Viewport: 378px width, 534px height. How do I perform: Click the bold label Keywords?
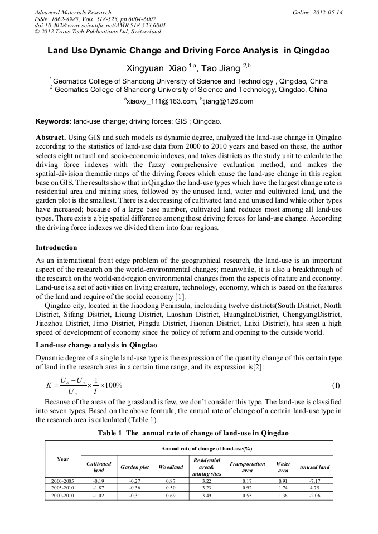tap(53, 121)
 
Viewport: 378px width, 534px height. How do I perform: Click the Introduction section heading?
tap(56, 247)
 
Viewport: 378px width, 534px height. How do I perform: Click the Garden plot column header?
tap(135, 467)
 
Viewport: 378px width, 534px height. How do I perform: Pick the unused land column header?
tap(314, 467)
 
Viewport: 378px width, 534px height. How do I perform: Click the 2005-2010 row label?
tap(63, 487)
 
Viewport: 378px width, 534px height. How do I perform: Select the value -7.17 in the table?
tap(314, 480)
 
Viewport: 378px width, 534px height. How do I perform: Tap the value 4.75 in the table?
tap(314, 487)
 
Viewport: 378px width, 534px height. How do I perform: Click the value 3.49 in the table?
tap(207, 494)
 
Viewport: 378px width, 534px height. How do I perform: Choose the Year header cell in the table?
tap(63, 459)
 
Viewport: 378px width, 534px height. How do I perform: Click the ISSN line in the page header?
tap(95, 18)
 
